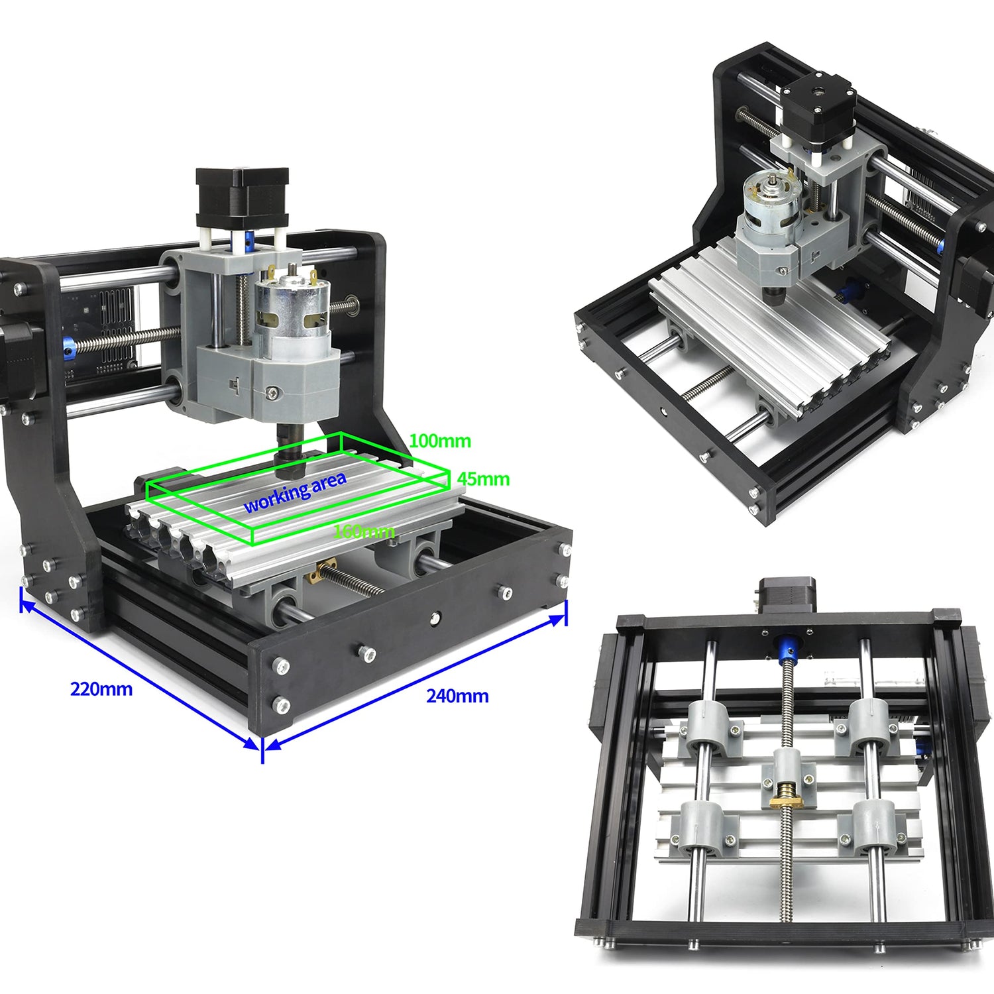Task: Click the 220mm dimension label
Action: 101,689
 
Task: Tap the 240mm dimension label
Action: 457,696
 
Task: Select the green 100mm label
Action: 440,441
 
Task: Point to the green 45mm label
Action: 484,478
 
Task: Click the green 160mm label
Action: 364,531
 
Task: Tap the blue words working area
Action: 295,492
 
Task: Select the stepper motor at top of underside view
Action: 787,596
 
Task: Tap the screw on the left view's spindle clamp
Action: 272,394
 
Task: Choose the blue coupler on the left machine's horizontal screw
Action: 68,346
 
